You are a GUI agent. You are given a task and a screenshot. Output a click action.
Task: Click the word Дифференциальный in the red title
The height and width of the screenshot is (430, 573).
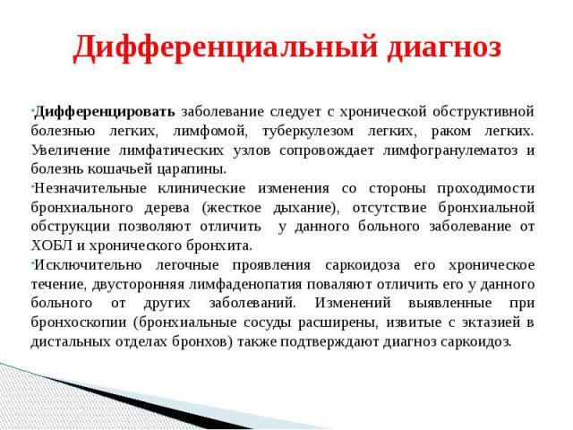(x=225, y=47)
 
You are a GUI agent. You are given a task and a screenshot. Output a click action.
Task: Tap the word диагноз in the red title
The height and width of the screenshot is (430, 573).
(x=444, y=47)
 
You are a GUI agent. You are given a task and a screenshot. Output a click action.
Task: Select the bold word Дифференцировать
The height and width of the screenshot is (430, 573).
(x=105, y=112)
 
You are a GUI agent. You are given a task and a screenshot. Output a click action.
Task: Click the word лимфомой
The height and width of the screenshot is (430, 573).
(x=210, y=131)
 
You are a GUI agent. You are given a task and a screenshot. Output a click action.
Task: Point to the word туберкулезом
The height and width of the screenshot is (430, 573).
(x=308, y=132)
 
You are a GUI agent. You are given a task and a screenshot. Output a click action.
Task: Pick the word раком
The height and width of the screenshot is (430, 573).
(x=451, y=132)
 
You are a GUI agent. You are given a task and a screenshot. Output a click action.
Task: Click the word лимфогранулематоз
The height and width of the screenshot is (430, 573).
(x=450, y=150)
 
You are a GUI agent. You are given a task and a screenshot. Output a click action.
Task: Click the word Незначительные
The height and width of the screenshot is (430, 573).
(x=90, y=188)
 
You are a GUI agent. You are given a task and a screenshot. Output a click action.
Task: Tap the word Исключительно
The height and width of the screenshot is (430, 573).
(x=88, y=265)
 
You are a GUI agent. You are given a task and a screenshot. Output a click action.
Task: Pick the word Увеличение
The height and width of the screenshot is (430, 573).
(x=71, y=150)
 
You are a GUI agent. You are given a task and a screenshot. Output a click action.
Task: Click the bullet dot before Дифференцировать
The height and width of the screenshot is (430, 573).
(x=32, y=109)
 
